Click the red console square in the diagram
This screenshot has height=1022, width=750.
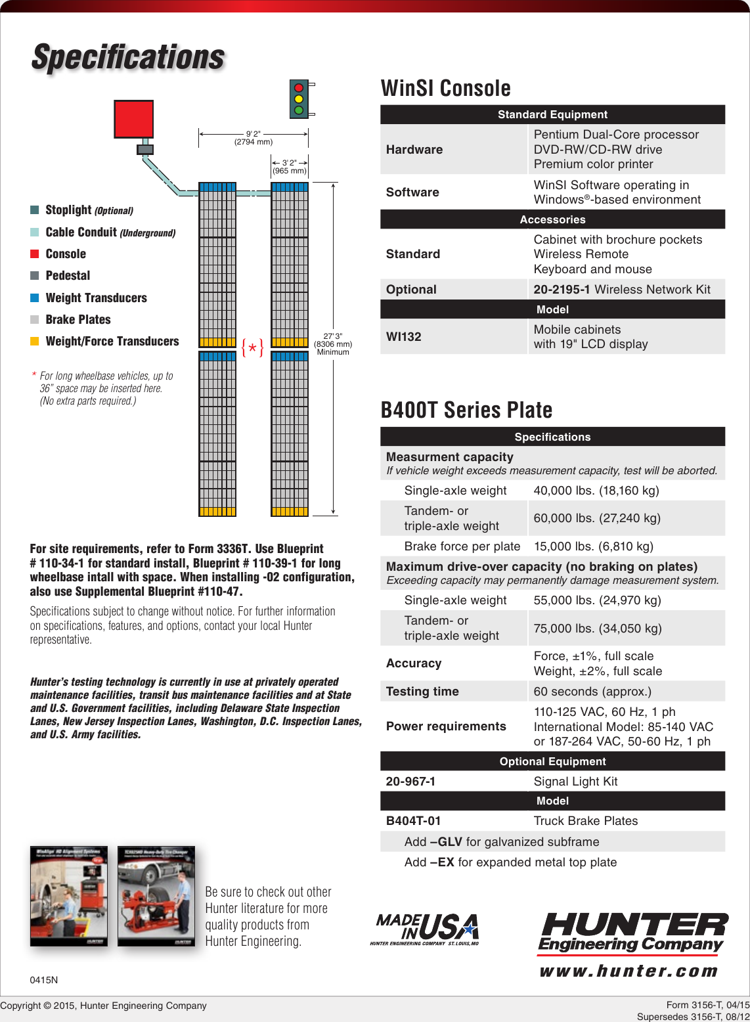[133, 119]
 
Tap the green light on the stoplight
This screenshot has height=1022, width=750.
[299, 110]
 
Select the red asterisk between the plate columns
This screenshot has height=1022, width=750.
[253, 347]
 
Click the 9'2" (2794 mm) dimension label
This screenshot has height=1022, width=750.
[254, 138]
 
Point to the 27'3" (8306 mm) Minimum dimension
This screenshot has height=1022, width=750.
[333, 344]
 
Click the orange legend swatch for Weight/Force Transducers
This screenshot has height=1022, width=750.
[35, 341]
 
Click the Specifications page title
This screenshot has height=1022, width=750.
[128, 57]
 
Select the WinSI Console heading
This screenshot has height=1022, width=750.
[445, 88]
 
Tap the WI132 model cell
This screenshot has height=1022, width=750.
[404, 337]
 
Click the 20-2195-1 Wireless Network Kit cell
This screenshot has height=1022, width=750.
[621, 290]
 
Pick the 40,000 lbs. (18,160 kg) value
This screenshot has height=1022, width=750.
[596, 491]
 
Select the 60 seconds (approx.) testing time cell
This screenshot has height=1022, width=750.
[592, 692]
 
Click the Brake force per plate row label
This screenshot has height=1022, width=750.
[462, 546]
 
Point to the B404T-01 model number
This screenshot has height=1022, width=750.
[413, 821]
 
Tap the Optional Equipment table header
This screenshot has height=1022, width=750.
[552, 761]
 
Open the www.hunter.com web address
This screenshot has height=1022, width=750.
[629, 971]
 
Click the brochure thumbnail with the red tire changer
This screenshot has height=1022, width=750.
[156, 896]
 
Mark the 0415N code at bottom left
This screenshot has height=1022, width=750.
[44, 980]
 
